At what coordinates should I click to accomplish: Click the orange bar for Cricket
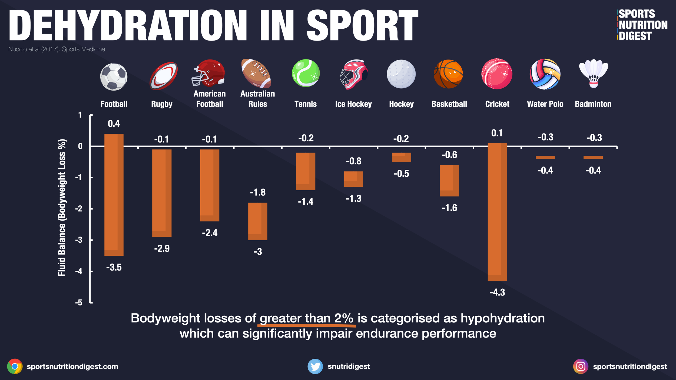(497, 212)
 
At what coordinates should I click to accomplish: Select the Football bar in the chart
(114, 195)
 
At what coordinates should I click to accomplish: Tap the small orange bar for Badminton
(593, 157)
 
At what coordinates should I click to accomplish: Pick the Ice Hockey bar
(353, 179)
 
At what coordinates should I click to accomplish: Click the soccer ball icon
(114, 77)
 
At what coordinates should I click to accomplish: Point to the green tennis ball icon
(306, 73)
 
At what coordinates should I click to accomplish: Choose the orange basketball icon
(448, 74)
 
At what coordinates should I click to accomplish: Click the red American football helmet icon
(208, 73)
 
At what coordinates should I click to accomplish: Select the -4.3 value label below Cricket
(497, 292)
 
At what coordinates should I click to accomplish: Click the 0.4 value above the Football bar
(114, 124)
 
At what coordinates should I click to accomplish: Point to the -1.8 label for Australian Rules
(258, 192)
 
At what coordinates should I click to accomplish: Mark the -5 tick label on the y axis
(79, 302)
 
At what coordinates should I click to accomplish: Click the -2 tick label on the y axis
(79, 209)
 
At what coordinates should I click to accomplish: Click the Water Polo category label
(545, 104)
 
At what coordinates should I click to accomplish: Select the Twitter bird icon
(315, 366)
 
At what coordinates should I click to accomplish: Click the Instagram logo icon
(581, 366)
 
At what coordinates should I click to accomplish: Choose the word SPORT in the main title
(363, 26)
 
